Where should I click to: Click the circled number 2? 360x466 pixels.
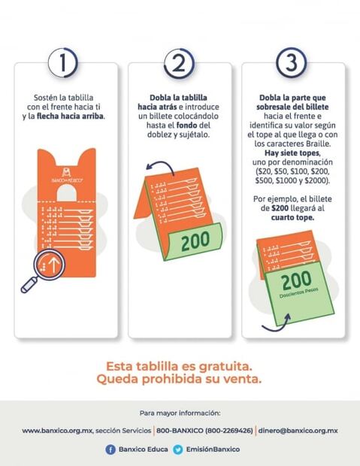point(178,63)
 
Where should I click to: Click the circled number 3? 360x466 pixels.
point(292,63)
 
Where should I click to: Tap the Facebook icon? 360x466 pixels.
point(110,449)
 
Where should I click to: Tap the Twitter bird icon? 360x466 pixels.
point(178,449)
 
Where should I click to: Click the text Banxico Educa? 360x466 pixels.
point(141,449)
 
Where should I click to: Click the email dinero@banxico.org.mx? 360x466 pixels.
point(298,431)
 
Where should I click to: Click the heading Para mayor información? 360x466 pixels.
point(180,413)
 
